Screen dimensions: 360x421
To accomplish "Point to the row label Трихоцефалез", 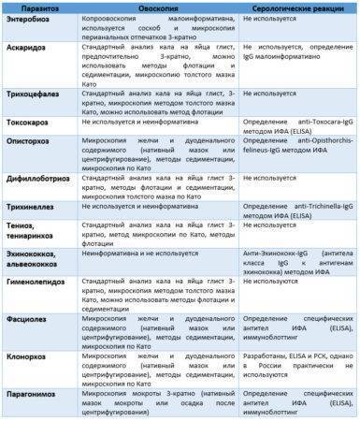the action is pyautogui.click(x=36, y=94).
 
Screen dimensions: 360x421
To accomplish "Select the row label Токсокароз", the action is pyautogui.click(x=32, y=122).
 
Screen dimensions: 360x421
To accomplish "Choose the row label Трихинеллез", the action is pyautogui.click(x=35, y=201).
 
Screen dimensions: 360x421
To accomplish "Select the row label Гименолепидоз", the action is pyautogui.click(x=36, y=281).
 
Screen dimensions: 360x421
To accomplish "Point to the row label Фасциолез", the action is pyautogui.click(x=29, y=318).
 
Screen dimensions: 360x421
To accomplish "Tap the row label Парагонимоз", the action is pyautogui.click(x=35, y=396).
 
